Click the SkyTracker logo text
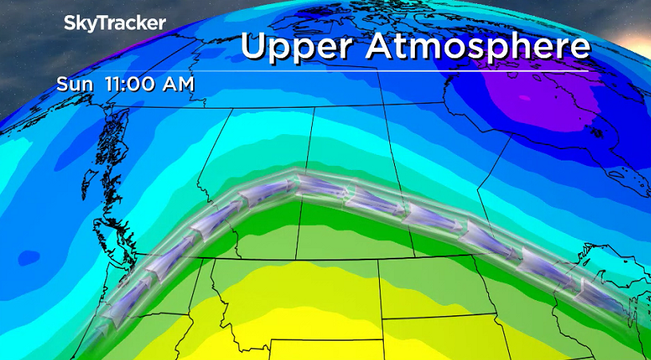click(115, 23)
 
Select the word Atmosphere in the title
click(478, 45)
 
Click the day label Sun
click(77, 84)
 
